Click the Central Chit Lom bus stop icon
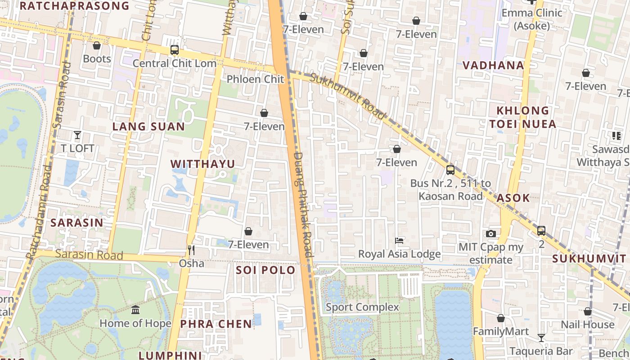[x=175, y=50]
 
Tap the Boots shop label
[x=97, y=59]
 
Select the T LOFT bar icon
[x=77, y=135]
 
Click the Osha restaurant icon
[x=192, y=250]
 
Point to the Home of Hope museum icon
[x=135, y=310]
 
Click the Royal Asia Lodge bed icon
[x=399, y=241]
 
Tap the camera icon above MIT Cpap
[x=491, y=234]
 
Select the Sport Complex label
[x=362, y=307]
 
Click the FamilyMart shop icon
[x=500, y=319]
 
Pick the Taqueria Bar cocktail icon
[x=541, y=338]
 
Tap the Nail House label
[x=587, y=324]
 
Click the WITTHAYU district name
[x=203, y=164]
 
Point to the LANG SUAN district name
[x=148, y=126]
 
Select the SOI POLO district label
[x=265, y=270]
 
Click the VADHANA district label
[x=494, y=65]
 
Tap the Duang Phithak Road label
[x=302, y=205]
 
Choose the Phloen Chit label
[x=256, y=79]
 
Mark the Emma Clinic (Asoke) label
[x=532, y=19]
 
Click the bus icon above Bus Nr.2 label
[x=450, y=170]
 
